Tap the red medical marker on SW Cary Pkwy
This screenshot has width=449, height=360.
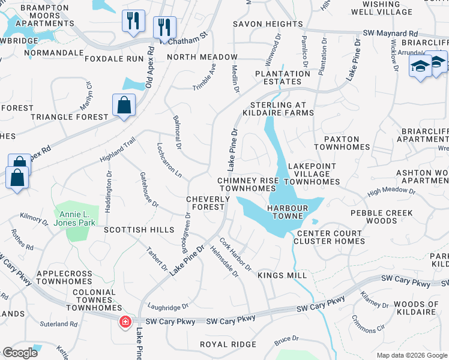(x=125, y=322)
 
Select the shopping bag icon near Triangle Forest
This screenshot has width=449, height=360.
(x=123, y=106)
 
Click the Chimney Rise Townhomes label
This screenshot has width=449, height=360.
(x=246, y=184)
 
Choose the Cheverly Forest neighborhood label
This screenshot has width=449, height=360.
(x=205, y=203)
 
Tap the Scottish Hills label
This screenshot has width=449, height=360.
(x=139, y=230)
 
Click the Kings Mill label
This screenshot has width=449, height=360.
(x=282, y=275)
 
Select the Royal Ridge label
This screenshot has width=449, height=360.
(x=228, y=344)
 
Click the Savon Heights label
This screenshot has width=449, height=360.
(x=268, y=24)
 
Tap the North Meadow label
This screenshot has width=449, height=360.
(x=202, y=57)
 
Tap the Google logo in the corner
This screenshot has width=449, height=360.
(x=20, y=353)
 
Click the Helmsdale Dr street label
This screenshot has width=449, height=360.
(x=224, y=262)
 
